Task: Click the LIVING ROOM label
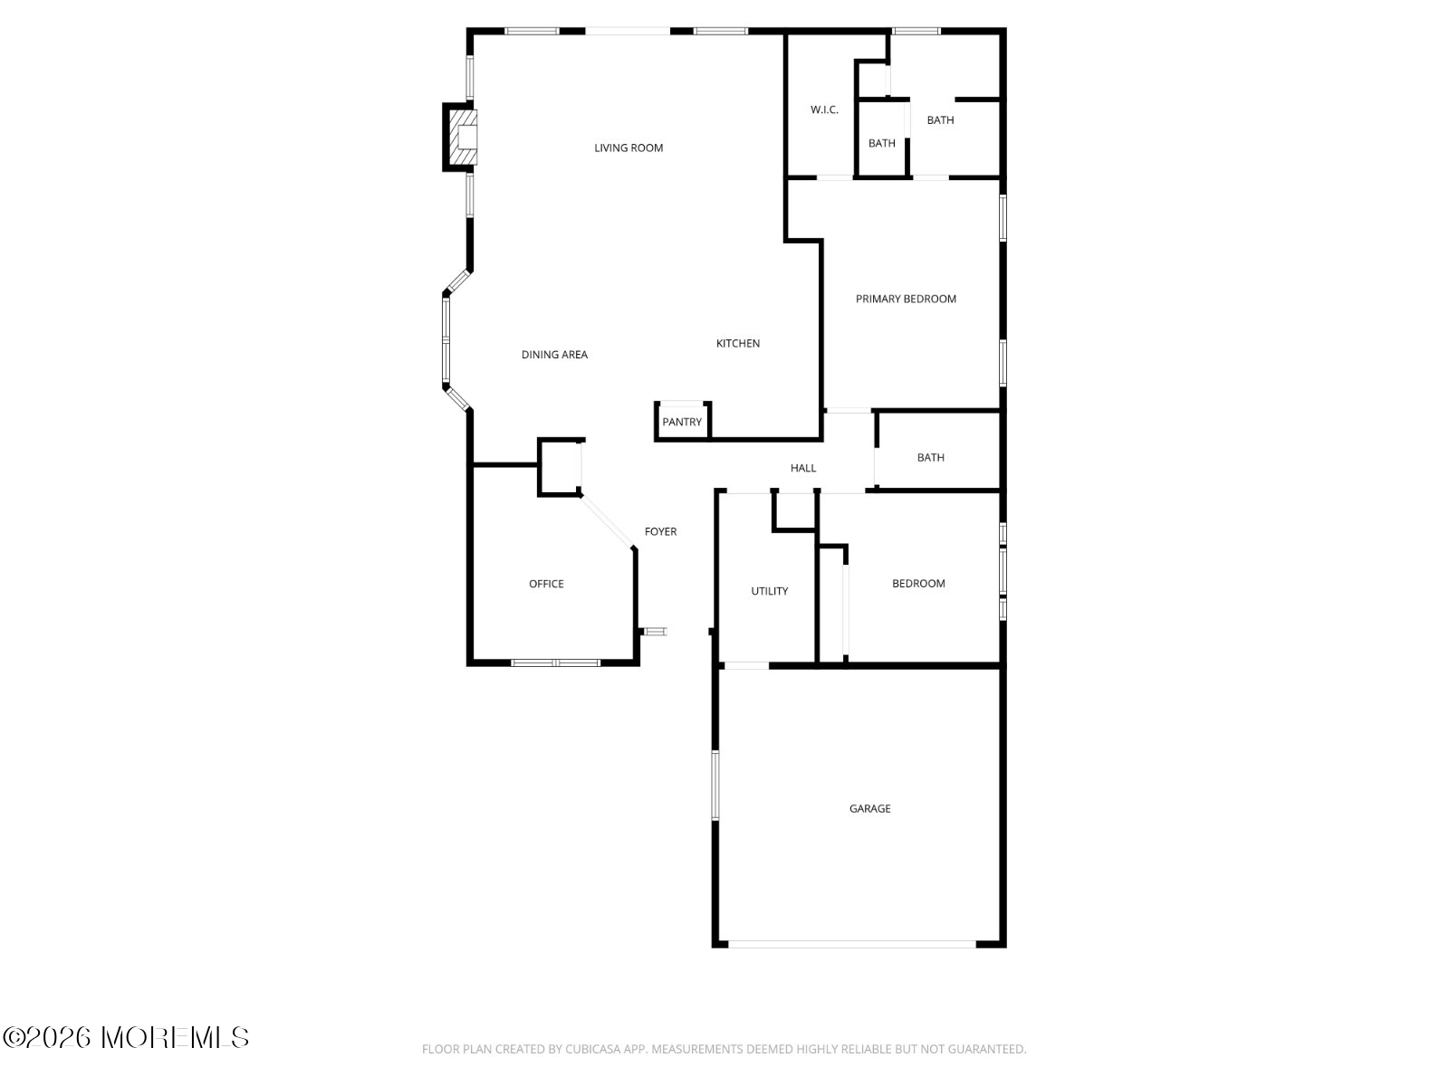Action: coord(629,148)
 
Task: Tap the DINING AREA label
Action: coord(554,355)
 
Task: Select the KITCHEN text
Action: coord(738,343)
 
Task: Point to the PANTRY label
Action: coord(682,422)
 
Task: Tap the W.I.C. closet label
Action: coord(824,110)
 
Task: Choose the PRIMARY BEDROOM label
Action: coord(906,299)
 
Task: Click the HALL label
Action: coord(803,468)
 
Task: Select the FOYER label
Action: coord(660,531)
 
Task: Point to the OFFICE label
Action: coord(546,584)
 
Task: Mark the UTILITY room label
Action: coord(769,591)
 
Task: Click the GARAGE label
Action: coord(869,808)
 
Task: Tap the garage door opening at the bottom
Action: coord(852,944)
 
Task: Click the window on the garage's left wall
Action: coord(715,786)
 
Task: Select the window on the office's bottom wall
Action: coord(555,662)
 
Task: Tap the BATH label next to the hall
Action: coord(930,457)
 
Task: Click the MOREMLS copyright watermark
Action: coord(126,1037)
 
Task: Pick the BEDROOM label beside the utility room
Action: coord(918,584)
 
